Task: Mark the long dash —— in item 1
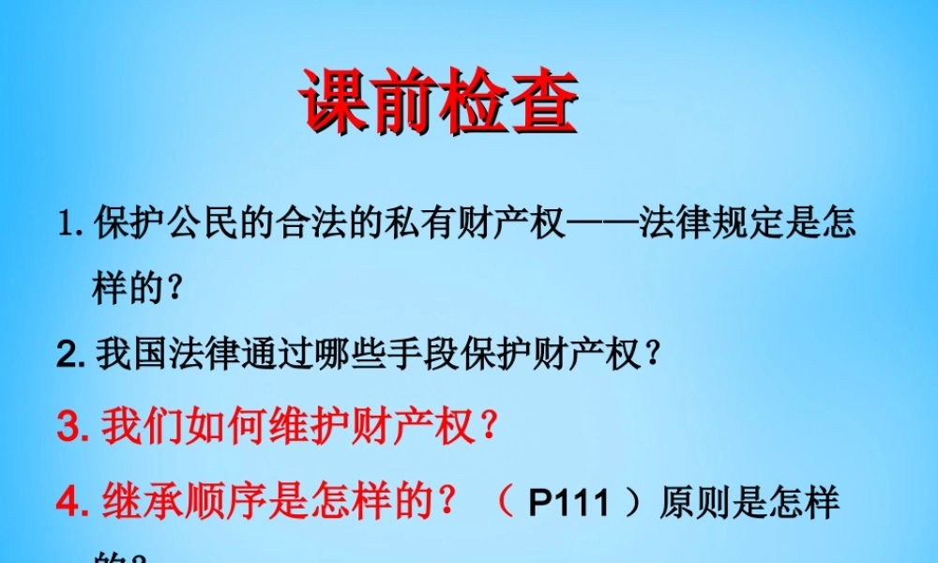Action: point(601,226)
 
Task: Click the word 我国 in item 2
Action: point(129,355)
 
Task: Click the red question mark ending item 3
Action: point(487,427)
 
